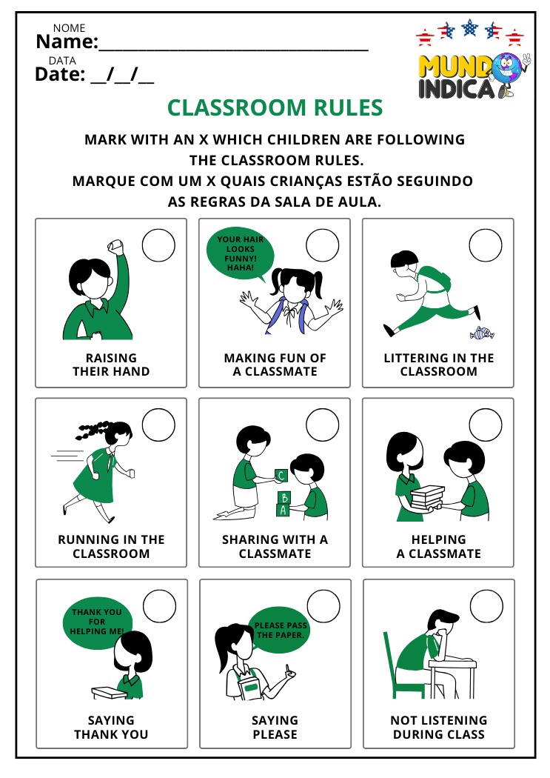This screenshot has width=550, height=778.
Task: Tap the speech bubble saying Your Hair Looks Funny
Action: click(x=241, y=254)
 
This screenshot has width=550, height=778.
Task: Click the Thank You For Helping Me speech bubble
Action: click(x=98, y=622)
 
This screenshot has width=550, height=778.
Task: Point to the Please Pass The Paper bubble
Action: click(x=280, y=631)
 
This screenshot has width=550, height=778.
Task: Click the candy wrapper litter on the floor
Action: click(x=482, y=333)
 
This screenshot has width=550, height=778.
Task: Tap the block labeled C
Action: click(x=281, y=476)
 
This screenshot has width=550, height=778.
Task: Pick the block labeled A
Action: click(x=283, y=510)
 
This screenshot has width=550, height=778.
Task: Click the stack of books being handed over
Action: click(x=426, y=498)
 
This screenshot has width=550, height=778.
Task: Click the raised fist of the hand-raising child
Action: click(x=115, y=245)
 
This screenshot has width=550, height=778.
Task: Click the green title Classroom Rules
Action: click(x=275, y=107)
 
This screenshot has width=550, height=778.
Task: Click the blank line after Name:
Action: click(x=233, y=50)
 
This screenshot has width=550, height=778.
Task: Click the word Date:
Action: click(x=60, y=74)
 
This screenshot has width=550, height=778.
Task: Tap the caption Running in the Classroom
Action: click(x=111, y=546)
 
